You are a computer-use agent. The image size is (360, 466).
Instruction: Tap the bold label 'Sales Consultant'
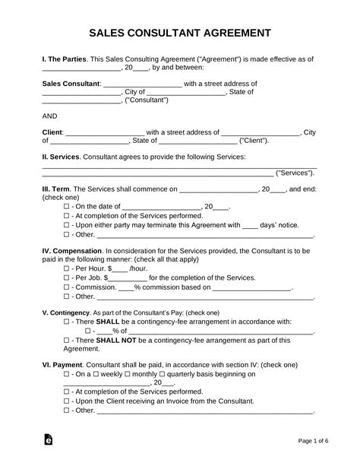(x=70, y=84)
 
